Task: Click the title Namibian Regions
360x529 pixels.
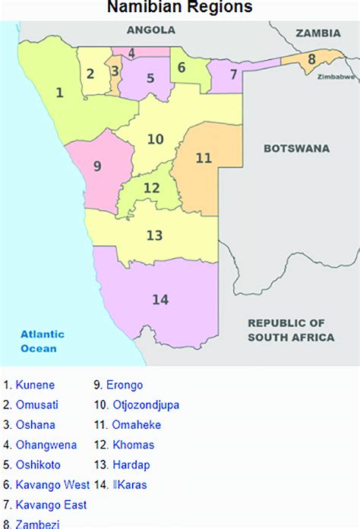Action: point(179,8)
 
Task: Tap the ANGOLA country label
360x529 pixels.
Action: point(151,30)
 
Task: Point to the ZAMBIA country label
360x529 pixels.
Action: point(318,33)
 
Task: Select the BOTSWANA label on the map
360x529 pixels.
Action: point(296,149)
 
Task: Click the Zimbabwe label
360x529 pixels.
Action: point(337,77)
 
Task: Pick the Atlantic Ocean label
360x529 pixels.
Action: point(43,341)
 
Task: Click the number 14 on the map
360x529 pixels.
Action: point(160,300)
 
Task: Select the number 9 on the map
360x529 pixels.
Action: point(97,166)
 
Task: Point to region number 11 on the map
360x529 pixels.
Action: point(204,158)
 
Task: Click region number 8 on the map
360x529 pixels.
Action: point(311,58)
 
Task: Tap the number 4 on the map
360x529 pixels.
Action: point(131,53)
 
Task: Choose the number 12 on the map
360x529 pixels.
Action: point(152,187)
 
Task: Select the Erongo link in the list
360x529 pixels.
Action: point(125,386)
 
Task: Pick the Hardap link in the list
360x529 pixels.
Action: point(130,464)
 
